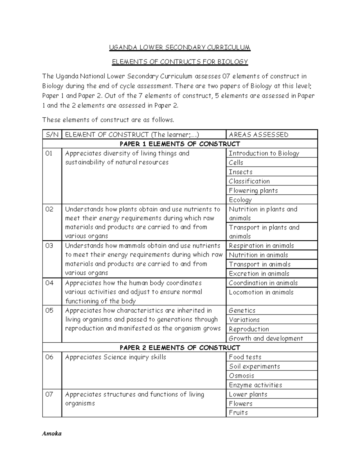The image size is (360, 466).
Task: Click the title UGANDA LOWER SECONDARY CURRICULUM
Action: point(179,47)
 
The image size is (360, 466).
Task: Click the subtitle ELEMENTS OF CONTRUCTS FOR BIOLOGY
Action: point(180,62)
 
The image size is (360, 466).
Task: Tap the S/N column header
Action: point(52,134)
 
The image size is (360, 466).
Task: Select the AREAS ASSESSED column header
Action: point(258,134)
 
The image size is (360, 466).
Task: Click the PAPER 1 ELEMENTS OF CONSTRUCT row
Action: point(180,144)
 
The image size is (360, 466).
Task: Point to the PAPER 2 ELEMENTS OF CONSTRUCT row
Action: point(180,347)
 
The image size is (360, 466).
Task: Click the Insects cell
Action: point(241,172)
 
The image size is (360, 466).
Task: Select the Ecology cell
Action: point(240,200)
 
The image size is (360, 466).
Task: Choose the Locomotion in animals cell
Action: point(261,292)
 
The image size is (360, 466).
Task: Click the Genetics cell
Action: point(242,311)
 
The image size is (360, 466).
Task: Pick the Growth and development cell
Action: point(266,338)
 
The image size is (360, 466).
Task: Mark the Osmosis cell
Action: point(241,376)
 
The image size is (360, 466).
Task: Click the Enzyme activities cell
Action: point(255,385)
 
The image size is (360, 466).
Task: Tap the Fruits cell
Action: point(238,413)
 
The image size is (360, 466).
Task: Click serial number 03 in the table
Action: point(49,246)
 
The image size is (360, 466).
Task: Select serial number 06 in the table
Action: point(49,357)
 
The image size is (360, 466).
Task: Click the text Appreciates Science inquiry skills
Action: point(115,357)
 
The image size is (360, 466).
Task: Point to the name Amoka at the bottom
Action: point(52,434)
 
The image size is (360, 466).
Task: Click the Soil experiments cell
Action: point(254,366)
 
